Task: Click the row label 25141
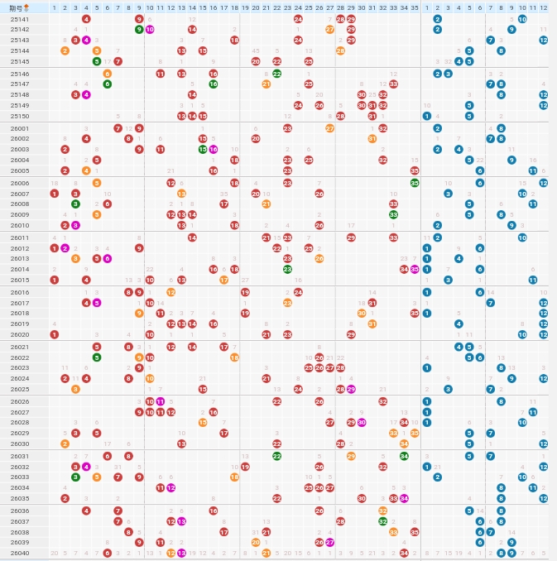click(20, 18)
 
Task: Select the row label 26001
click(20, 128)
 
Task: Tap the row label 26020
click(20, 334)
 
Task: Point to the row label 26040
click(20, 553)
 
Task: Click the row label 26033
click(20, 477)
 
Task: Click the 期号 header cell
click(20, 7)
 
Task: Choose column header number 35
click(415, 7)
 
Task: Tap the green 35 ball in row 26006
click(415, 183)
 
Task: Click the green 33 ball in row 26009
click(393, 214)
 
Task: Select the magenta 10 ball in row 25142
click(150, 29)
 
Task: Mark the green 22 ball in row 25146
click(277, 74)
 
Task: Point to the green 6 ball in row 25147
click(108, 84)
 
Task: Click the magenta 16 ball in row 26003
click(214, 149)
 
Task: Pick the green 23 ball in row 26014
click(287, 269)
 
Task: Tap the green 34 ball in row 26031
click(404, 456)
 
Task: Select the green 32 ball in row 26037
click(382, 521)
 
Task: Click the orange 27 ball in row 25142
click(329, 29)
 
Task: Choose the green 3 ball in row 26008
click(75, 204)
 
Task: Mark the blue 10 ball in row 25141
click(522, 18)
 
